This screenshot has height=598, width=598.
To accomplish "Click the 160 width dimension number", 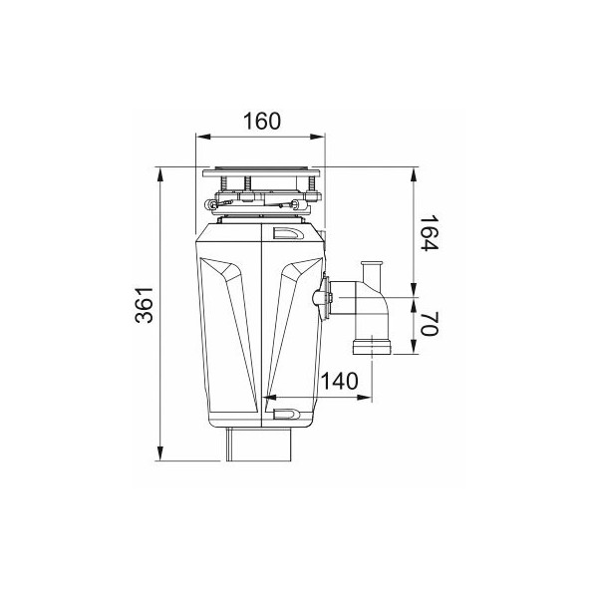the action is (x=261, y=121).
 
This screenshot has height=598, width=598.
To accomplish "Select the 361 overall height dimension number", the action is (x=145, y=305).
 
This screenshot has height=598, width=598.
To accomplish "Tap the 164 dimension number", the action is (x=430, y=232).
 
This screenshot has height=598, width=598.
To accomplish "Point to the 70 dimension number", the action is (x=430, y=323).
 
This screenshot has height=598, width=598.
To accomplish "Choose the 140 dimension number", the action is (x=340, y=381).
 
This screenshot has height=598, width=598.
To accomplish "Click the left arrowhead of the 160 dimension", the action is (x=203, y=137).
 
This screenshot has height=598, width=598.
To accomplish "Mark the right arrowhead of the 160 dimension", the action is (x=317, y=137).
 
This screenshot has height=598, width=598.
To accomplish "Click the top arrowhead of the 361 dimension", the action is (x=160, y=176).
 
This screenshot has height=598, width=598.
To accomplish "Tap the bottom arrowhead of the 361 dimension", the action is (x=160, y=452).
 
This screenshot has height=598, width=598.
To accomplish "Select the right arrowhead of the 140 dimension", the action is (x=364, y=398).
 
